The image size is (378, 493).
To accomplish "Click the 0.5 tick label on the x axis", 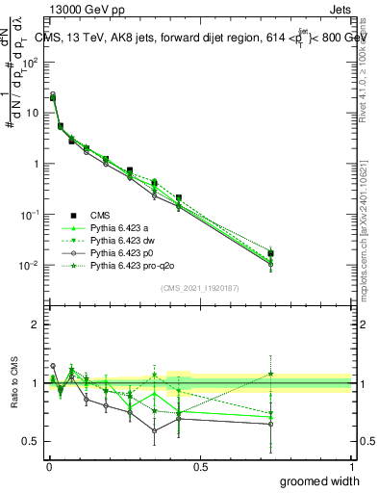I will [x=200, y=466].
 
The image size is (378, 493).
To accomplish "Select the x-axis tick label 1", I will [x=351, y=466].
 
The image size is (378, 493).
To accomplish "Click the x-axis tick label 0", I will [x=49, y=466].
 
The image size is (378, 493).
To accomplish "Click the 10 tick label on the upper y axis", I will [x=33, y=113].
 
